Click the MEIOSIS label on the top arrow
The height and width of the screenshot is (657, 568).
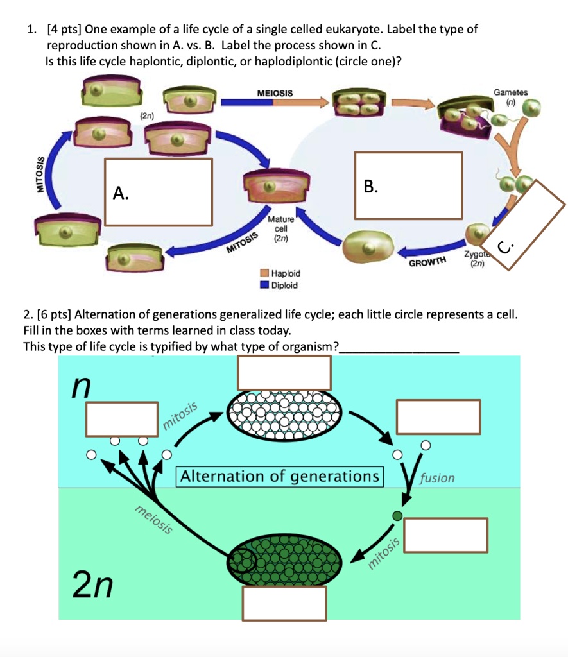click(275, 94)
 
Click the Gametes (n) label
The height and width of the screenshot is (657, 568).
click(510, 96)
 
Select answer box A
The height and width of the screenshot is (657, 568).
click(159, 192)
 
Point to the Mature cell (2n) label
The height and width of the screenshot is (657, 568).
click(281, 228)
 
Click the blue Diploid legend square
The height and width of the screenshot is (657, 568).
click(264, 286)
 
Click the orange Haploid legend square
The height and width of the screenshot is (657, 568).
click(264, 273)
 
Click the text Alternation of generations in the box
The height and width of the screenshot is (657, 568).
click(280, 477)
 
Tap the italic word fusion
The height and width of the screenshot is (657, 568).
click(436, 478)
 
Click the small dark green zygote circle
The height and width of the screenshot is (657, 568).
click(397, 515)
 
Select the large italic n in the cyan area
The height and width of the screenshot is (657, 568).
click(82, 387)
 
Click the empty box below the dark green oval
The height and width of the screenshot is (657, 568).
click(285, 603)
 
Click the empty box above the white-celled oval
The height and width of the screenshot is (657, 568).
click(284, 372)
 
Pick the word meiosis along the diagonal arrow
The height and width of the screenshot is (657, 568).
click(154, 520)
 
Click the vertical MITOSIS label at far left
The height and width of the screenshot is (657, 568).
click(44, 175)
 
